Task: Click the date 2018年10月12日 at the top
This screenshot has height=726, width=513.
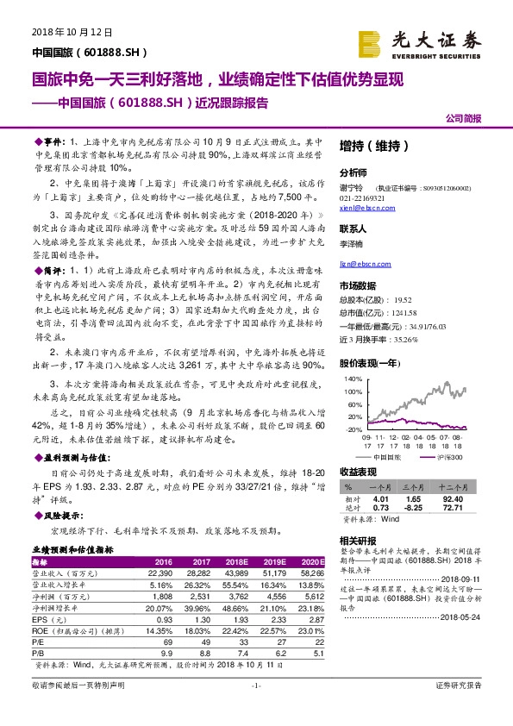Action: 59,32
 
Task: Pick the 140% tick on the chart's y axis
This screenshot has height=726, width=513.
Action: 353,378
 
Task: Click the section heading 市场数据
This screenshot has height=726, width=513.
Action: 358,285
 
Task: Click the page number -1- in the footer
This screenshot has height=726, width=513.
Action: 255,709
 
